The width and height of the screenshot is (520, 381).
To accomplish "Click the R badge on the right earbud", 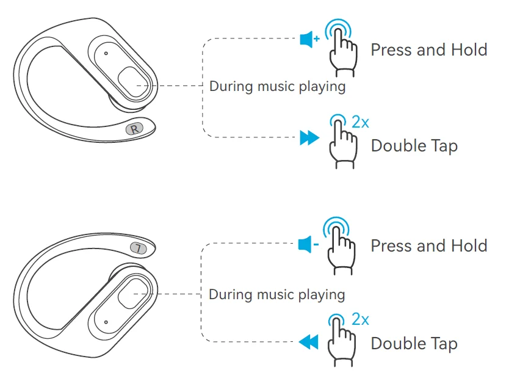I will (x=134, y=128).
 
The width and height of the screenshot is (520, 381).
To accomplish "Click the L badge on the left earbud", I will (x=139, y=248).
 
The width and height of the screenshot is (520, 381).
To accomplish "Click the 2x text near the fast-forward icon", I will (x=360, y=122).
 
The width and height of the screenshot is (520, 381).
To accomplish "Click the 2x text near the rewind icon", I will (x=360, y=319).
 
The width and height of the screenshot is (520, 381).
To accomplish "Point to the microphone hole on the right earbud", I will (x=106, y=53).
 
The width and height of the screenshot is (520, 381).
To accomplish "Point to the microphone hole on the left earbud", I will (x=106, y=322).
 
